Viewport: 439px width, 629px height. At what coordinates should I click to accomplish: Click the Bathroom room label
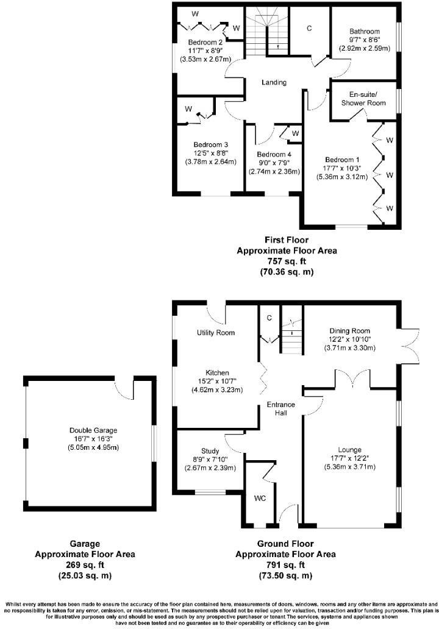point(365,32)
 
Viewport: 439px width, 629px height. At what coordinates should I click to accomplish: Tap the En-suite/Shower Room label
point(368,99)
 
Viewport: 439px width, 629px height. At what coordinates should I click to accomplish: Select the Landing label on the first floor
point(274,83)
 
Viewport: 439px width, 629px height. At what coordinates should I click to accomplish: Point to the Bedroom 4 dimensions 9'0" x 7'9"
point(274,163)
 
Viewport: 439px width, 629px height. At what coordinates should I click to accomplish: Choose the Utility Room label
point(216,333)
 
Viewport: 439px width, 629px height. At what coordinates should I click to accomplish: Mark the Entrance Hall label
point(284,409)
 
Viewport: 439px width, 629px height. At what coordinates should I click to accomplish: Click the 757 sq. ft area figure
point(287,261)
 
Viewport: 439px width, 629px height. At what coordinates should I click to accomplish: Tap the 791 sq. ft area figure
point(287,565)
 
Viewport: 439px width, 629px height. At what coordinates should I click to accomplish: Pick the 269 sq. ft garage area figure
point(85,565)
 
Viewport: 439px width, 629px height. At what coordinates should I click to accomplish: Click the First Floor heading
point(287,240)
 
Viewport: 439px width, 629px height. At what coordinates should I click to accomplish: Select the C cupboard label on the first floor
point(310,29)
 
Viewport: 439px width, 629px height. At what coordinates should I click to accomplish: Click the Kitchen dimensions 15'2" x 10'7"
point(217,382)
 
